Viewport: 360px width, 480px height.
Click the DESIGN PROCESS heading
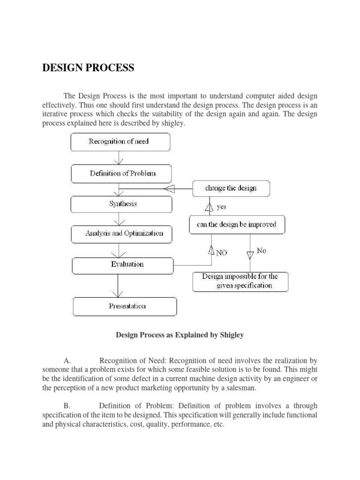pyautogui.click(x=88, y=68)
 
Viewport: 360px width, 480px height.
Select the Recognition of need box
pyautogui.click(x=120, y=142)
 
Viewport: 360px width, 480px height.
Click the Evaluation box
pyautogui.click(x=127, y=264)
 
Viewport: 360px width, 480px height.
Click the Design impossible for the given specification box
pyautogui.click(x=240, y=281)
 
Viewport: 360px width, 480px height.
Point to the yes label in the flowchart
pyautogui.click(x=221, y=206)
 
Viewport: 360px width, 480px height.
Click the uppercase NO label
pyautogui.click(x=221, y=252)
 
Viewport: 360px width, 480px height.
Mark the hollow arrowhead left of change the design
pyautogui.click(x=169, y=189)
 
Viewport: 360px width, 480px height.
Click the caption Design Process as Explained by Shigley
pyautogui.click(x=180, y=336)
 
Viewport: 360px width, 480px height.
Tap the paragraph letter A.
pyautogui.click(x=67, y=361)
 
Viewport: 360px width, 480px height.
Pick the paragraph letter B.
pyautogui.click(x=67, y=405)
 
